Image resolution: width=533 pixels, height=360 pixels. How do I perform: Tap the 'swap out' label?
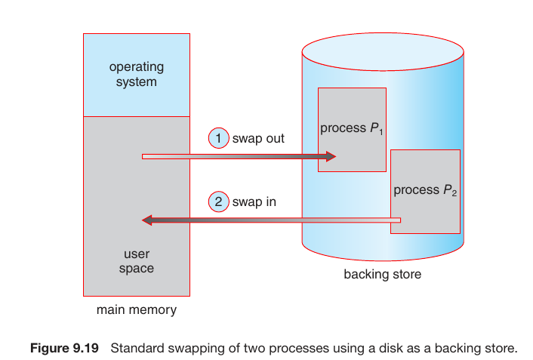coord(259,139)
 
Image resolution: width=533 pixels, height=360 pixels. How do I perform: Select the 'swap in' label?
coord(254,202)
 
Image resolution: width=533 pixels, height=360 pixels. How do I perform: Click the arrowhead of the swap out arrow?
coord(330,157)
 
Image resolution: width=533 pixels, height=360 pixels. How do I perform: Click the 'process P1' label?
coord(352,129)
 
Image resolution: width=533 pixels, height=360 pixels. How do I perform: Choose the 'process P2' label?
coord(425,191)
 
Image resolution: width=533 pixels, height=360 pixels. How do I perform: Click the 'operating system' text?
coord(136,74)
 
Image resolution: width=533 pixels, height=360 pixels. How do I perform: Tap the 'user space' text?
coord(136,261)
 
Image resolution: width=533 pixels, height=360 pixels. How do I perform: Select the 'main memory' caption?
coord(136,310)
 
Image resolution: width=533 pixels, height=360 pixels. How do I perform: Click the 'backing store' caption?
coord(382,275)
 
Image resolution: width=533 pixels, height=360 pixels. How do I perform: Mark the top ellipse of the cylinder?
coord(382,51)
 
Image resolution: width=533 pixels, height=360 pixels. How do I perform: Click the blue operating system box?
coord(136,94)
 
